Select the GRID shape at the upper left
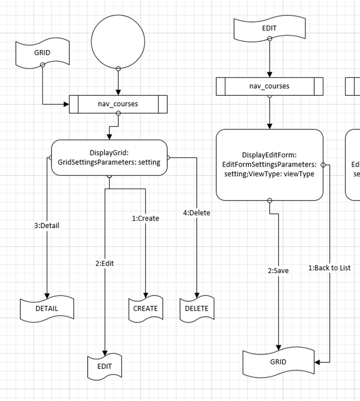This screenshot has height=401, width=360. click(42, 53)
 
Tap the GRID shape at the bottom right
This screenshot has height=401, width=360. click(278, 362)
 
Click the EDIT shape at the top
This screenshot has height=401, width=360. click(269, 29)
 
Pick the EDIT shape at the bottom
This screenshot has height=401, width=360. click(105, 366)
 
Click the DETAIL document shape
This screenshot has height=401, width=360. click(47, 308)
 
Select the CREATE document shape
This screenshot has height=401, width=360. click(145, 308)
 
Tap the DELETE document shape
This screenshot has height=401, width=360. click(196, 308)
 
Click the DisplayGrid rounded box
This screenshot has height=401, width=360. click(109, 157)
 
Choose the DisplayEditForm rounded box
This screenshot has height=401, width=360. click(269, 164)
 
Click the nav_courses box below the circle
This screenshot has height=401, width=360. click(118, 104)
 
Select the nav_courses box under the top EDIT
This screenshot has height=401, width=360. click(269, 86)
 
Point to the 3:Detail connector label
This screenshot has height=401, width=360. click(47, 225)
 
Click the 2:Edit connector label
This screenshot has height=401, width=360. click(105, 263)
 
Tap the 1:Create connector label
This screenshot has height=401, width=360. click(145, 218)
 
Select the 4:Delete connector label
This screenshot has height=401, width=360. click(196, 212)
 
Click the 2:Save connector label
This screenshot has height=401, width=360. click(278, 271)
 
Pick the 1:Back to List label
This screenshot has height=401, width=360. click(329, 268)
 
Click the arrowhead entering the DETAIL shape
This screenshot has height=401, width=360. click(47, 296)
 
